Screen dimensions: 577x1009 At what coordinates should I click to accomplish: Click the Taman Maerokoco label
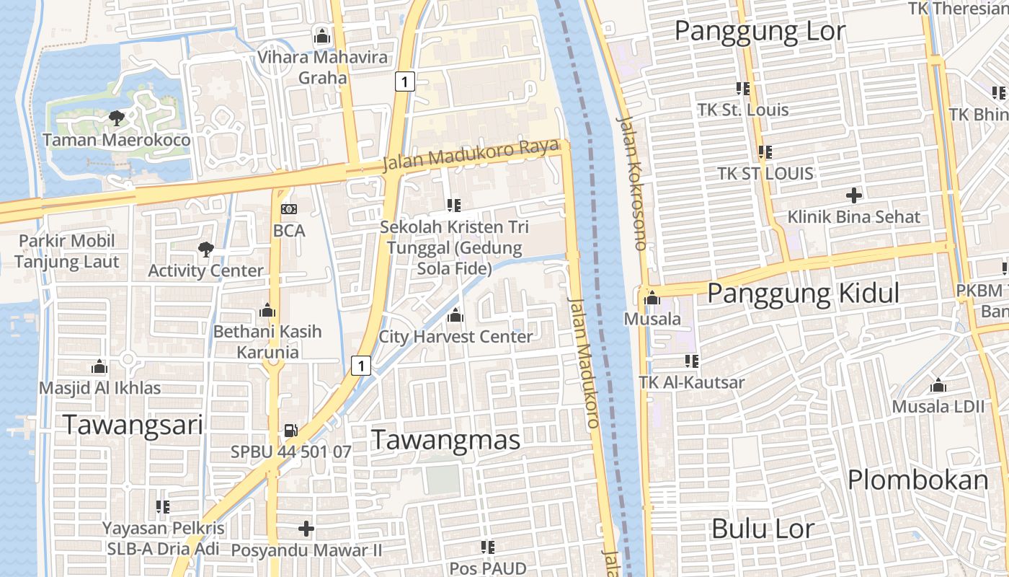tap(117, 140)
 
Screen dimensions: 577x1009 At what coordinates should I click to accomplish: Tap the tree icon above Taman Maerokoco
tap(115, 118)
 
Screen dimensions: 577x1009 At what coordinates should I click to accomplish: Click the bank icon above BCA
tap(289, 209)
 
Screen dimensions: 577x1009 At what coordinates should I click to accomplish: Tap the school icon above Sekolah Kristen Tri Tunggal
tap(453, 205)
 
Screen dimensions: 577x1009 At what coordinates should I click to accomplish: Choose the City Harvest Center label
tap(455, 337)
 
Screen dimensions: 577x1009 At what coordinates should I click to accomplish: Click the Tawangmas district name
tap(445, 440)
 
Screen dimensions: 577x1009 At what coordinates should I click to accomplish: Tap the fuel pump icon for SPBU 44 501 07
tap(290, 430)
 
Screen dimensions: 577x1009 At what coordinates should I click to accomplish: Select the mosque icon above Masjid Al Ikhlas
tap(99, 367)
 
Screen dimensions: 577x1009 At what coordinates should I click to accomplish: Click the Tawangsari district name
tap(133, 425)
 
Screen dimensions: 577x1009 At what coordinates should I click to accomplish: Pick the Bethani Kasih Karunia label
tap(267, 342)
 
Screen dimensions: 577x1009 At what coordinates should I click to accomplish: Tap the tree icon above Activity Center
tap(205, 250)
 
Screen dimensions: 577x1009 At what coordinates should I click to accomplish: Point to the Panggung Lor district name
tap(760, 32)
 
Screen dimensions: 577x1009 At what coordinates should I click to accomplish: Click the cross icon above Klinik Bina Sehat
tap(854, 195)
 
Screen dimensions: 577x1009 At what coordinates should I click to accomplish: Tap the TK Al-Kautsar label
tap(692, 382)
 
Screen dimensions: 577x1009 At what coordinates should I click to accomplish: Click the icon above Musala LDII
tap(938, 385)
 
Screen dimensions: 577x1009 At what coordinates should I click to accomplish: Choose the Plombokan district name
tap(917, 480)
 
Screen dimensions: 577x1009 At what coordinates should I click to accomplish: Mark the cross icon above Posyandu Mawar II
tap(306, 529)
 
